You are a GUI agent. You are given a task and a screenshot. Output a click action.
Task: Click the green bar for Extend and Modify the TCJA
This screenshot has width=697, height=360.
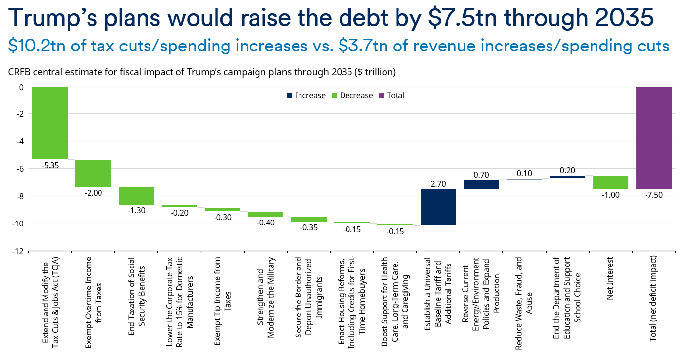pos(50,123)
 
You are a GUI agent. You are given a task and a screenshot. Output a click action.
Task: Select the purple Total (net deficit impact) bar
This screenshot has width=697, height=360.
pos(653,138)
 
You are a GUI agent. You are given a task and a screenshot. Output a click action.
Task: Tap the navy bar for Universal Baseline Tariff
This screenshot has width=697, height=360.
pos(438,207)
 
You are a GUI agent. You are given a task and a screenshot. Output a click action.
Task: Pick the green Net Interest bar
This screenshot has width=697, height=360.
pos(610,182)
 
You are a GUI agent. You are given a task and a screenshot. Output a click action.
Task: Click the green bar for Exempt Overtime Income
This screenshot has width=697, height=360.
pos(93,173)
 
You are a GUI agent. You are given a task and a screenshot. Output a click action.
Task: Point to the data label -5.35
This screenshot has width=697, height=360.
pos(50,166)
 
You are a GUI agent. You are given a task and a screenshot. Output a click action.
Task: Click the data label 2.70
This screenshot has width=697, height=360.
pos(438,184)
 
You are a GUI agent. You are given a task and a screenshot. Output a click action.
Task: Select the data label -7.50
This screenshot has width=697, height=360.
pos(653,195)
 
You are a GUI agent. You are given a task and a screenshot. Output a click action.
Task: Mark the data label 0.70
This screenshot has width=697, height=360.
pos(481,174)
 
